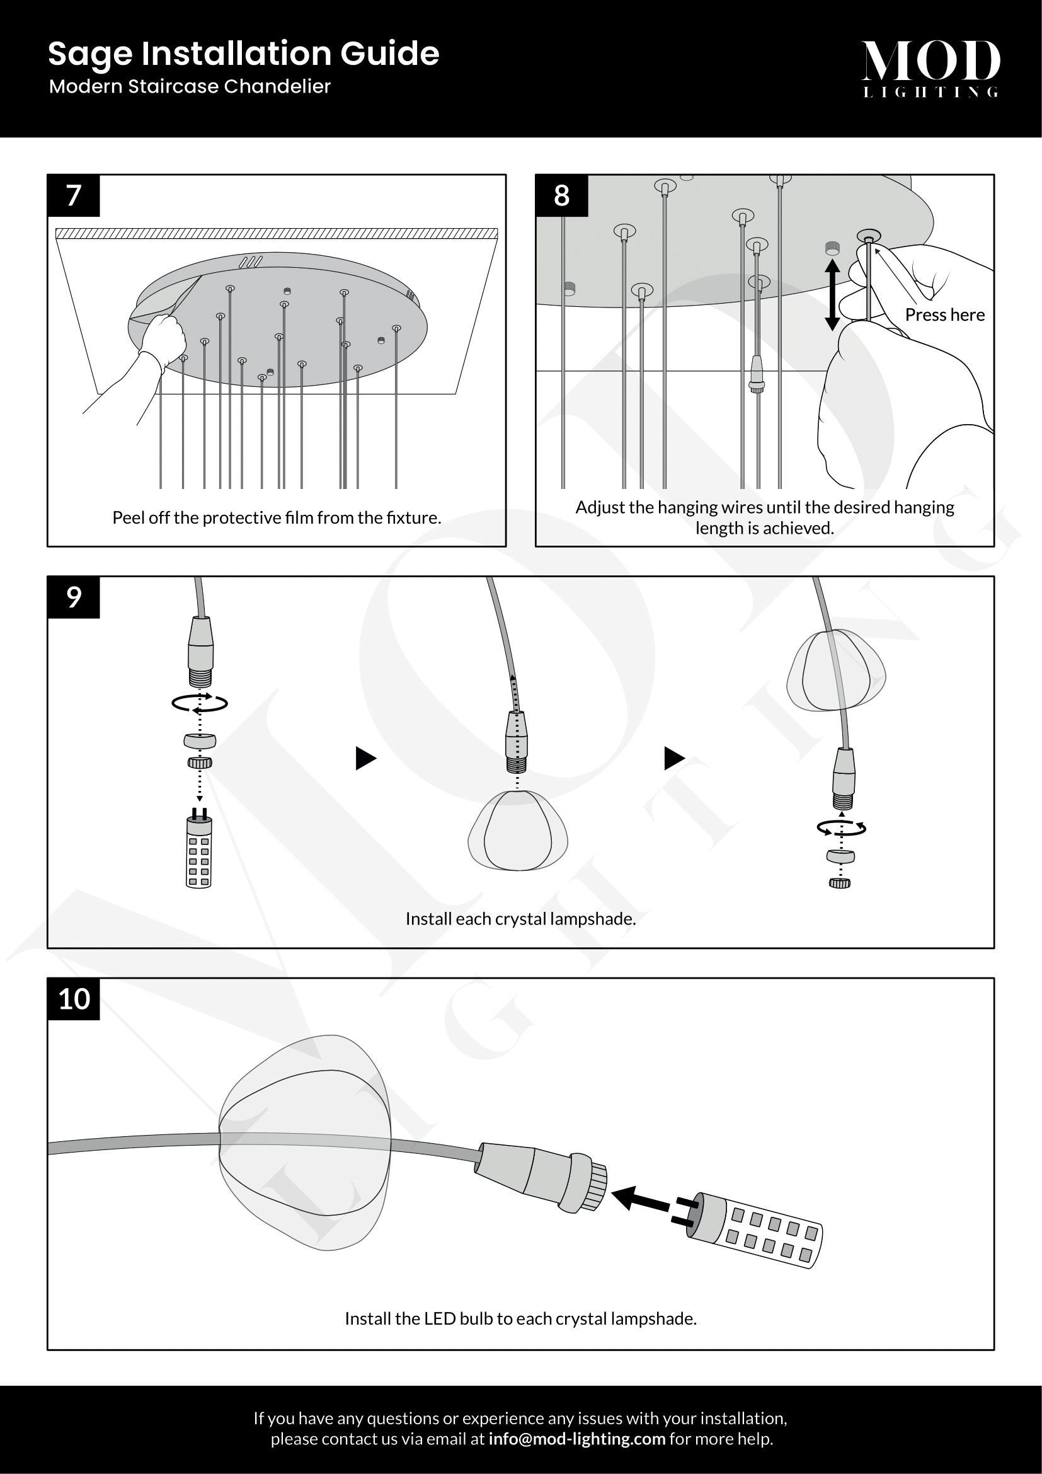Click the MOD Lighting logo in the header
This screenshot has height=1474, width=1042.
(930, 68)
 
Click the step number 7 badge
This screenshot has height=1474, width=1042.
(74, 196)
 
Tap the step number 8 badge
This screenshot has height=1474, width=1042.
(561, 196)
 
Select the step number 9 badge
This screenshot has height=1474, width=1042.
(74, 597)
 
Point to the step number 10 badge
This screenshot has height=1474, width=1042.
(74, 999)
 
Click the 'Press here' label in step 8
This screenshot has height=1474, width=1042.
(944, 314)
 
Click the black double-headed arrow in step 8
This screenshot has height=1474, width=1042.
(832, 295)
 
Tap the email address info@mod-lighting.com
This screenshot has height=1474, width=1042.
(577, 1439)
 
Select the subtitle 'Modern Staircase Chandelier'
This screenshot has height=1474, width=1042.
(190, 86)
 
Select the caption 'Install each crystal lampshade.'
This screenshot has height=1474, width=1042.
(520, 919)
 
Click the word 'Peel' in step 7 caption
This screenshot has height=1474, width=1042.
(129, 517)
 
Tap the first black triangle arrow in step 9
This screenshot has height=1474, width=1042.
(366, 758)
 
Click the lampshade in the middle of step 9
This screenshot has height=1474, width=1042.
(518, 831)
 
